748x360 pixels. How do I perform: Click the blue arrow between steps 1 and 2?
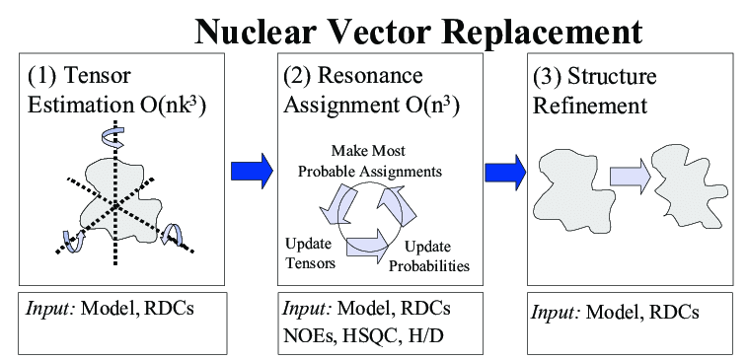pos(251,171)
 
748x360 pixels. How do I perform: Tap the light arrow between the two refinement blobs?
pos(628,179)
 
